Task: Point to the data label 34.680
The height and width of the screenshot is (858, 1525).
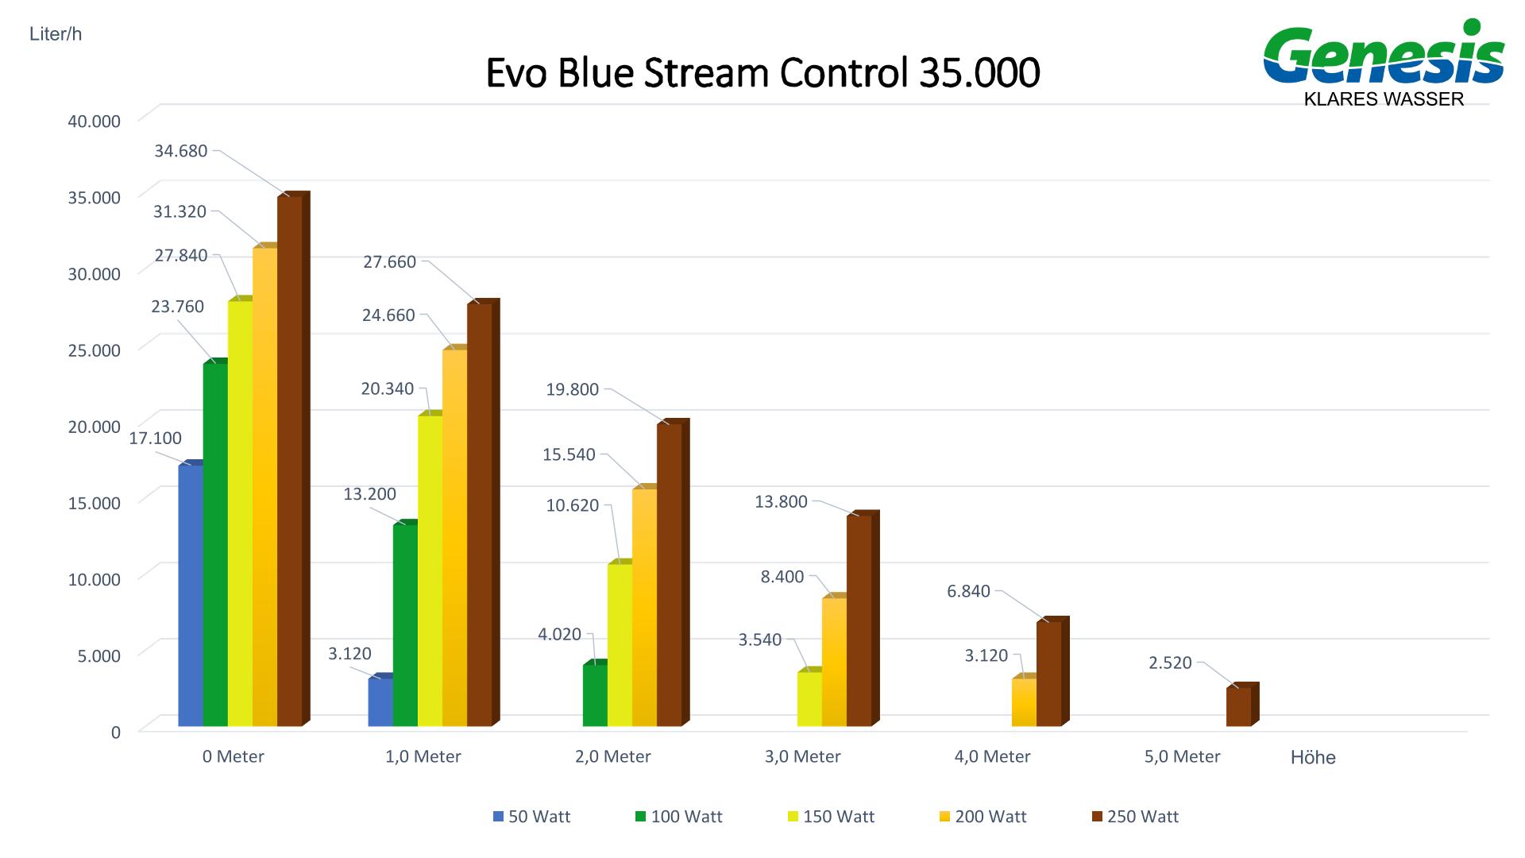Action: pyautogui.click(x=180, y=151)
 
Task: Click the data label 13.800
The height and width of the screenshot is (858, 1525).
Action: pyautogui.click(x=781, y=501)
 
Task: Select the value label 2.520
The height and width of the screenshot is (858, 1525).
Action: pyautogui.click(x=1170, y=663)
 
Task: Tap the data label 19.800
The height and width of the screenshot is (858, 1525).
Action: pyautogui.click(x=572, y=390)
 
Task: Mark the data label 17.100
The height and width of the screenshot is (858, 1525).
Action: pyautogui.click(x=156, y=438)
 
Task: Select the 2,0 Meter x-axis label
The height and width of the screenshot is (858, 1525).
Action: pyautogui.click(x=612, y=756)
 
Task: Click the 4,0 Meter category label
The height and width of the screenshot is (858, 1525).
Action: pyautogui.click(x=992, y=756)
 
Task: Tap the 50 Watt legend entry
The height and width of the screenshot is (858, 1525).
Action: pyautogui.click(x=531, y=817)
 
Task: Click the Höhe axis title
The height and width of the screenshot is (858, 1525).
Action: pyautogui.click(x=1313, y=758)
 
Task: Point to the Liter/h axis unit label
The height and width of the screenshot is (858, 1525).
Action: pyautogui.click(x=56, y=35)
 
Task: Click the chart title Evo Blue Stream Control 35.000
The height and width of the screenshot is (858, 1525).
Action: pyautogui.click(x=762, y=73)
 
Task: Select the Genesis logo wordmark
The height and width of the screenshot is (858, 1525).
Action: pyautogui.click(x=1384, y=56)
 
